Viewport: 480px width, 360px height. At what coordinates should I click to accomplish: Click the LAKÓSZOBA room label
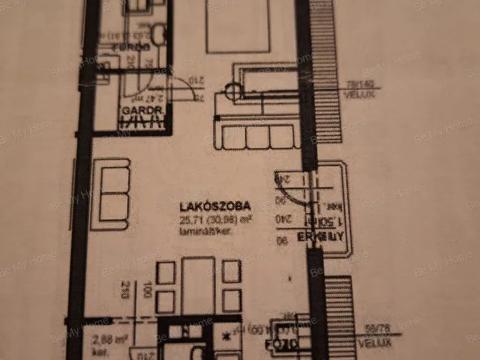(214, 205)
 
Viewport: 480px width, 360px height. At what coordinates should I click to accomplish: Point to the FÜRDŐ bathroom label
(128, 47)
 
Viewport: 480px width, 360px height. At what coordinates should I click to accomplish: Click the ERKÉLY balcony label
(320, 237)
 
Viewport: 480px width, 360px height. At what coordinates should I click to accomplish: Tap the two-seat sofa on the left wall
(111, 193)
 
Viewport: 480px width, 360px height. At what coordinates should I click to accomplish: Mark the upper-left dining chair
(166, 271)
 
